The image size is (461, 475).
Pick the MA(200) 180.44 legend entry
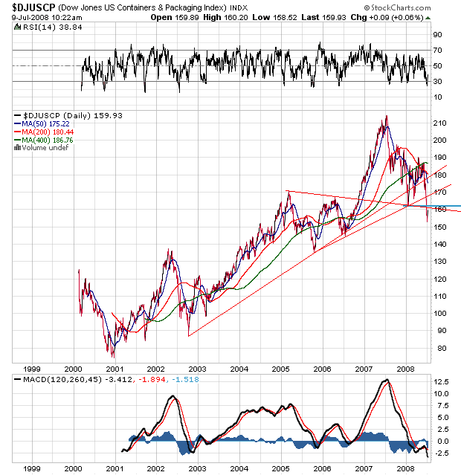pos(49,132)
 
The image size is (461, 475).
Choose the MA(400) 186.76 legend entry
pos(49,140)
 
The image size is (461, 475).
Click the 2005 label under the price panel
pos(280,368)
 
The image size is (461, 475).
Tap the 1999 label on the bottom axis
pos(31,468)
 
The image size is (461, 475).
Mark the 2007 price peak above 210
pos(386,117)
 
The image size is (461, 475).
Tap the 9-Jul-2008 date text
pos(22,16)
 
